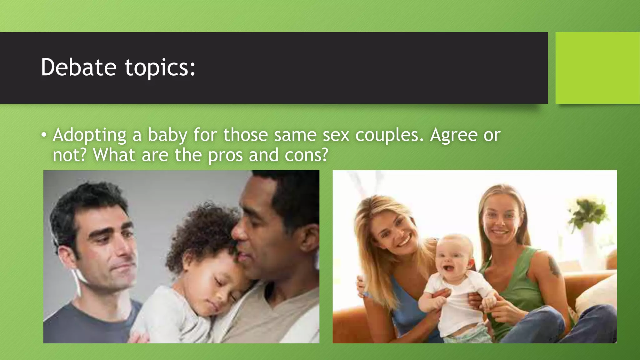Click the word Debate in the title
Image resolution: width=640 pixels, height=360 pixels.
tap(78, 67)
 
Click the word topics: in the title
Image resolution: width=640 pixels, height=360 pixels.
tap(160, 67)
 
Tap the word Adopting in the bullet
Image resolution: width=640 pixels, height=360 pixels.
tap(89, 135)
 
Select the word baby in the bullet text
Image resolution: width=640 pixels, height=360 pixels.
tap(167, 135)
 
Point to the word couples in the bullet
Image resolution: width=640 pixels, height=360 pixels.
tap(389, 135)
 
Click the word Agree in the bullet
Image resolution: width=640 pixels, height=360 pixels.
tap(453, 135)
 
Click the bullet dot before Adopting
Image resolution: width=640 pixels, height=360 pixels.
tap(44, 135)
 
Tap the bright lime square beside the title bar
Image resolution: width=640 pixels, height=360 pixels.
tap(597, 68)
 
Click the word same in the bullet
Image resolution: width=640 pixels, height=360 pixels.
tap(295, 135)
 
